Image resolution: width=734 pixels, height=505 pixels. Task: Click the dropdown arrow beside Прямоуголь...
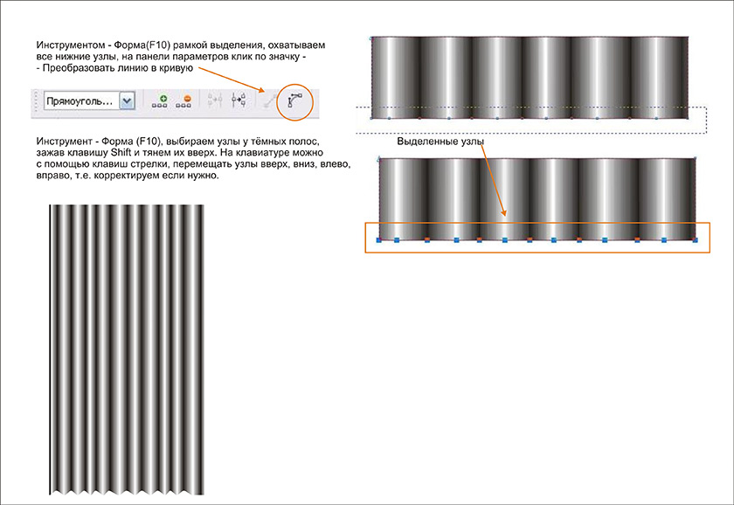tap(127, 100)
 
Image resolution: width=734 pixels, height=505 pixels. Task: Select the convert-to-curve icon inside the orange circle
tap(295, 100)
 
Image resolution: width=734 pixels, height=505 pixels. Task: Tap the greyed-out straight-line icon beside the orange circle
tap(268, 101)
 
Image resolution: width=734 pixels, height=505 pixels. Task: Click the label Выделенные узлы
tap(440, 142)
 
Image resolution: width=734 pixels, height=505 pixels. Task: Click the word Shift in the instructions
tap(121, 153)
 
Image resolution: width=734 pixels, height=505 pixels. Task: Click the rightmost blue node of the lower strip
tap(695, 240)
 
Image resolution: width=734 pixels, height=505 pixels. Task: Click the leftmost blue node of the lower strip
tap(379, 240)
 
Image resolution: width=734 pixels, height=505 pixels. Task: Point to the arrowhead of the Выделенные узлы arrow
tap(504, 212)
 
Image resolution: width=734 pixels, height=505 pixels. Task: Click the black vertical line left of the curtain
tap(50, 349)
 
